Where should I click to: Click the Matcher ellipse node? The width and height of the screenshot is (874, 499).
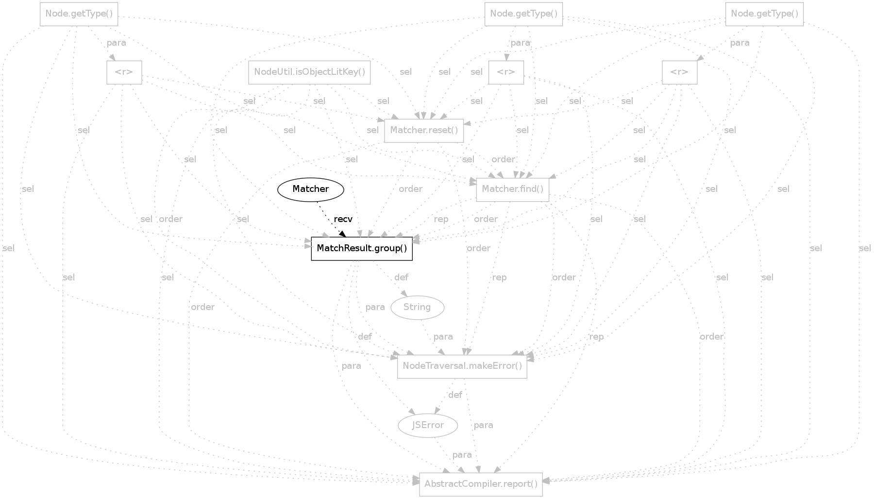click(x=311, y=189)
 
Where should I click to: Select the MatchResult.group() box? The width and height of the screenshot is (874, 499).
click(x=362, y=249)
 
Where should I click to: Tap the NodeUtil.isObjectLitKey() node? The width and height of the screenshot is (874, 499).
click(x=309, y=72)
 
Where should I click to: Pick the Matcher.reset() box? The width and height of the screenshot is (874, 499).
click(x=424, y=131)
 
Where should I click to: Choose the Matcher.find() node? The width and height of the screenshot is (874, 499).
click(x=513, y=189)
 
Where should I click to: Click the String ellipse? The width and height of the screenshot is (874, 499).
click(x=417, y=307)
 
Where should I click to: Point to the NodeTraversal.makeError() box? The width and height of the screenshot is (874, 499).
click(x=462, y=366)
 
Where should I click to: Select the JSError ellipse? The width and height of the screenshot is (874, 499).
click(x=428, y=425)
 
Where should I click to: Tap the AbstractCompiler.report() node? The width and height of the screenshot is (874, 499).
click(x=481, y=484)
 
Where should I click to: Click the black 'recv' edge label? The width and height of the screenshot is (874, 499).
click(x=343, y=219)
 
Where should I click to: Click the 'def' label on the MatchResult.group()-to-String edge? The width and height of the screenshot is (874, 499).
click(x=401, y=277)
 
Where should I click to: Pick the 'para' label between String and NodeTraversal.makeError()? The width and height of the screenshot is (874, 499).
click(x=443, y=337)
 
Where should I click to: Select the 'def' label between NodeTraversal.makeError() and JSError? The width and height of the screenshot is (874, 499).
click(x=455, y=395)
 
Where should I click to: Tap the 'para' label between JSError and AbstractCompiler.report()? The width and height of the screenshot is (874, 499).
click(x=462, y=455)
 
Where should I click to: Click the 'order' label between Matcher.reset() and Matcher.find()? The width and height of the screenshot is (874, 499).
click(x=503, y=159)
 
